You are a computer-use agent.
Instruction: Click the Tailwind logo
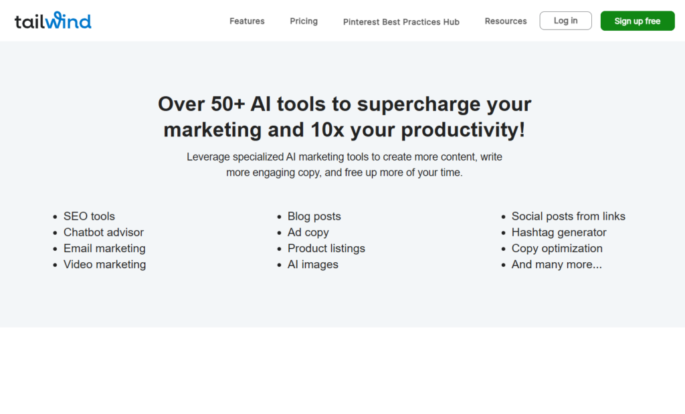53,21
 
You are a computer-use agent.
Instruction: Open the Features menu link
247,21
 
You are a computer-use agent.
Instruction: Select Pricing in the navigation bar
304,21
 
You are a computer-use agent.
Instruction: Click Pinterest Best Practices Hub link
401,22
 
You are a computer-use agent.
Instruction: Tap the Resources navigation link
506,21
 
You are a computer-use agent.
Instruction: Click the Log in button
565,21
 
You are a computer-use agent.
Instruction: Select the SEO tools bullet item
89,216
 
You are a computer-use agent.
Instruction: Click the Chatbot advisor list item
104,232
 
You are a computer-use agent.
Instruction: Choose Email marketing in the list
104,249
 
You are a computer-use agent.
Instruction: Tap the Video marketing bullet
105,265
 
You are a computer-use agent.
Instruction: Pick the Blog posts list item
314,216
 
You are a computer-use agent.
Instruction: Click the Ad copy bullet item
308,232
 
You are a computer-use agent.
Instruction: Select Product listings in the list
326,249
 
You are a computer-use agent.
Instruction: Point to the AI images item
313,265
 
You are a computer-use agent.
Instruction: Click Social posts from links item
569,216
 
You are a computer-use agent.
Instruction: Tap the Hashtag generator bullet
559,232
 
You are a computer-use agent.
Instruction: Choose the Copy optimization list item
557,249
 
